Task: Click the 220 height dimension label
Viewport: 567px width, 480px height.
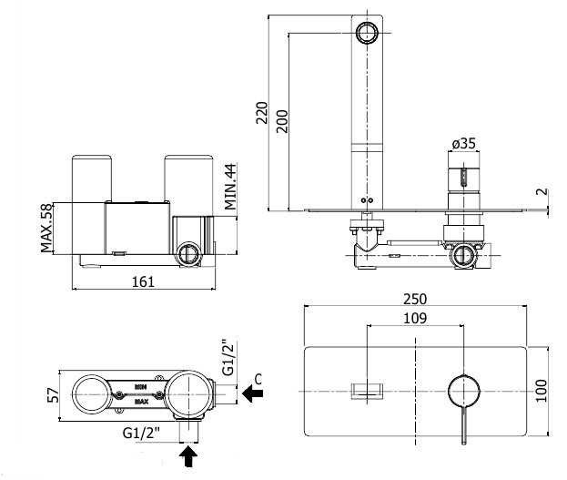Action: coord(261,114)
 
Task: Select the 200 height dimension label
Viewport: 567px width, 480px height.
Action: coord(282,122)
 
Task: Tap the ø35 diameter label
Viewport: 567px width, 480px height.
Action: coord(464,144)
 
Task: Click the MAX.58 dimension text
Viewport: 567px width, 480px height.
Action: coord(46,230)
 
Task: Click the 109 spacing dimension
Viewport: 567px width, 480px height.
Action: coord(415,318)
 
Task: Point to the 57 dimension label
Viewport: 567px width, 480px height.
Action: coord(52,396)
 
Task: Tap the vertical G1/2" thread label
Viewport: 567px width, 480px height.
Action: coord(228,357)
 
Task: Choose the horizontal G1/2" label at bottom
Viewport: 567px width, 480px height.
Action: coord(143,434)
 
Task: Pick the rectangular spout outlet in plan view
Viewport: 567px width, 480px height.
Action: coord(367,391)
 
